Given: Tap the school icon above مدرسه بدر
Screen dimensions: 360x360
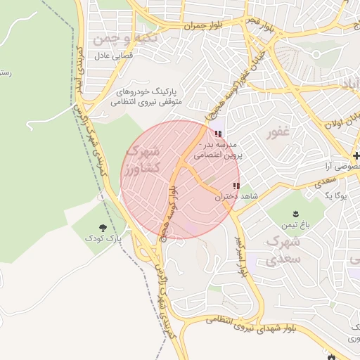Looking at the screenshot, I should click(216, 133).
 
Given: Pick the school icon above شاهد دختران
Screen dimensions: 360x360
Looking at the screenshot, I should click(236, 186).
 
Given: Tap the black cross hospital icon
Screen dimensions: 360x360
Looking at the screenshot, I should click(356, 155).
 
